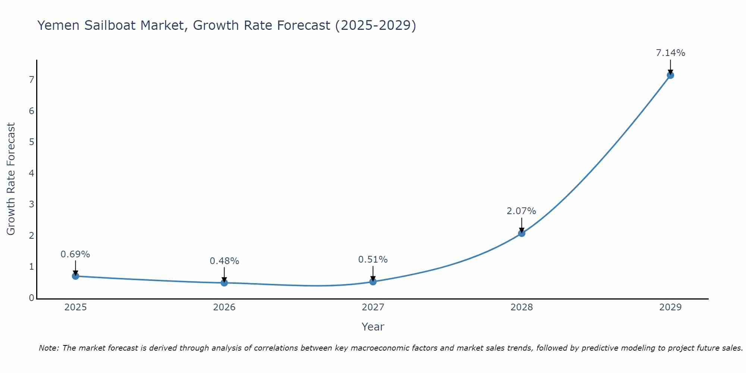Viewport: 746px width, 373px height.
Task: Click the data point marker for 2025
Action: (x=75, y=276)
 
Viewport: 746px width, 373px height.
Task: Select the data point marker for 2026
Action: (x=224, y=283)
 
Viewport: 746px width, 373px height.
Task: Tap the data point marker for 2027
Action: (x=373, y=282)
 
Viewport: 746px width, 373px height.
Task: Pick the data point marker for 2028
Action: (x=521, y=233)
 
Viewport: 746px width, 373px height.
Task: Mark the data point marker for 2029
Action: (x=670, y=75)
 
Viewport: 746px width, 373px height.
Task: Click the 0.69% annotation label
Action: (x=75, y=254)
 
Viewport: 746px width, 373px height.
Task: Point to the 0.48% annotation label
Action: (x=224, y=261)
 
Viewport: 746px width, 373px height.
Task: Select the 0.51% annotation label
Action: (x=373, y=260)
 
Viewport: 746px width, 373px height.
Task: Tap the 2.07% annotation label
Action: (x=521, y=211)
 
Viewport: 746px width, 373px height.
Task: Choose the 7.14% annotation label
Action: (x=670, y=53)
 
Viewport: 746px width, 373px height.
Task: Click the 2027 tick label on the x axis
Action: (x=373, y=307)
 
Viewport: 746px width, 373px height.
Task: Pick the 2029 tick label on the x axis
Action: (x=670, y=307)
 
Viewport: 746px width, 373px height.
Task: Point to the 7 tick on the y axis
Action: (x=32, y=80)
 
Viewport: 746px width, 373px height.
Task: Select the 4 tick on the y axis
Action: (x=32, y=173)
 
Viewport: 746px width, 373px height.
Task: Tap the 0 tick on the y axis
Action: (x=32, y=298)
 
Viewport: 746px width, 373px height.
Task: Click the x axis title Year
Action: (x=373, y=327)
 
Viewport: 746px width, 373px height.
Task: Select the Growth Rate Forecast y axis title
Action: (x=11, y=179)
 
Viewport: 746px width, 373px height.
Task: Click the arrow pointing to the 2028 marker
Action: (x=521, y=225)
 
